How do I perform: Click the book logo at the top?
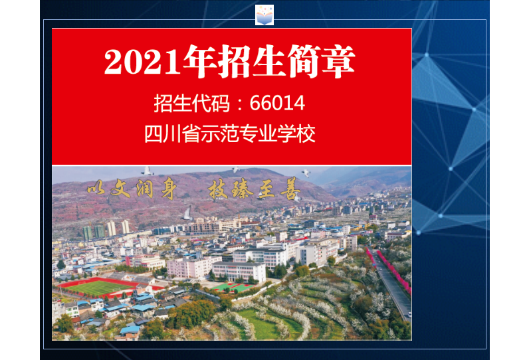coord(264,15)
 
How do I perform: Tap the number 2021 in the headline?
coord(142,62)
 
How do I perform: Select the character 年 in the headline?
coord(200,61)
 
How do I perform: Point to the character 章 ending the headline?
coord(338,61)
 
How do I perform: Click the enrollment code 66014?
coord(277,103)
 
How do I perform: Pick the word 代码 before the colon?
coord(211,103)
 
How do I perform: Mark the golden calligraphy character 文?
coord(120,188)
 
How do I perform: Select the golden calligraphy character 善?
coord(290,189)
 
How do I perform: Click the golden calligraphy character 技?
coord(218,189)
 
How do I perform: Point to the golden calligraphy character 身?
coord(169,189)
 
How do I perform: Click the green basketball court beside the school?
coord(234,287)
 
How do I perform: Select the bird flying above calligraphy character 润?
coord(147,171)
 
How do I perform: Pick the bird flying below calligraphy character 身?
coord(187,214)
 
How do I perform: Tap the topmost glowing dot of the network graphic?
coord(427,54)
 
